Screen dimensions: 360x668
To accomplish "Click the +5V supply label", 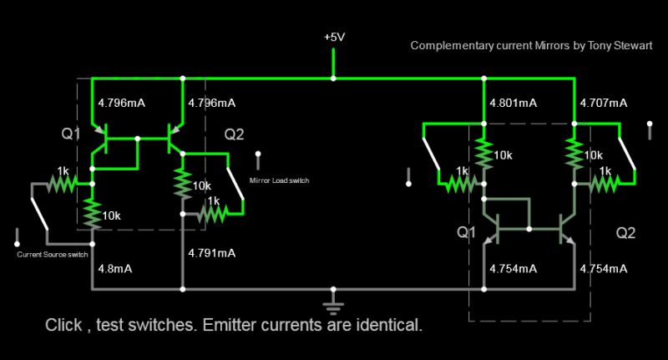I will point(334,38).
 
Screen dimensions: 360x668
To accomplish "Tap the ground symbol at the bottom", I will point(334,300).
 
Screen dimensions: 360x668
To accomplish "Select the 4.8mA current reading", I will point(114,269).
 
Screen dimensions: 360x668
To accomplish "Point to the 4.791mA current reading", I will point(212,252).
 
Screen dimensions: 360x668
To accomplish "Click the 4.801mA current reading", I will point(510,103).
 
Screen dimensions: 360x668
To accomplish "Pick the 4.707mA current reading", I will point(604,103).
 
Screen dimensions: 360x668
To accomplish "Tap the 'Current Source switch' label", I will point(53,254).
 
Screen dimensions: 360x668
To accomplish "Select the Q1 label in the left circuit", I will point(72,134).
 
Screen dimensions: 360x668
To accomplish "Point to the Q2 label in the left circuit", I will point(235,134).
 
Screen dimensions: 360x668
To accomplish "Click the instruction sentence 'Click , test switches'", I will point(234,325).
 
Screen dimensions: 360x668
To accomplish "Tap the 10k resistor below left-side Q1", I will point(92,214).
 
